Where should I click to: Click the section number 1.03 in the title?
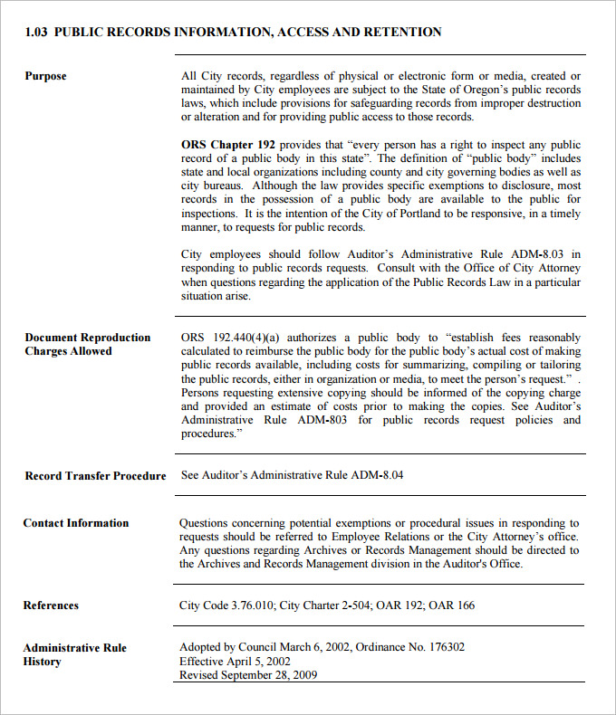36,32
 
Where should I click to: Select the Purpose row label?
45,76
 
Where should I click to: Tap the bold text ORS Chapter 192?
229,145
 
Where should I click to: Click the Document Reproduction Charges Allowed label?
87,344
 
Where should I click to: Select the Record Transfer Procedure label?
95,476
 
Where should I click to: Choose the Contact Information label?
76,523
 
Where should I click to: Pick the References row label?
51,605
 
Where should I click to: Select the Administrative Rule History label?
74,654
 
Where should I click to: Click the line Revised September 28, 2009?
248,675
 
